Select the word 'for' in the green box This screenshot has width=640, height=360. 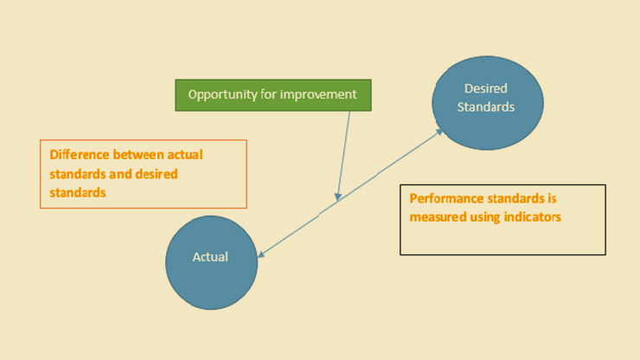pyautogui.click(x=269, y=94)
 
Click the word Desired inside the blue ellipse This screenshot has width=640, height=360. pyautogui.click(x=486, y=88)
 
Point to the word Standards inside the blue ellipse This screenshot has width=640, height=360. pyautogui.click(x=486, y=107)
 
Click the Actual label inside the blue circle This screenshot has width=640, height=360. pyautogui.click(x=210, y=257)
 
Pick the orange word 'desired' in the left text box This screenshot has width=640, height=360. pyautogui.click(x=157, y=174)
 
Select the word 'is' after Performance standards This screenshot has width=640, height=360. pyautogui.click(x=553, y=198)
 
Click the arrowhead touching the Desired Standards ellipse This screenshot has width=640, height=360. pyautogui.click(x=438, y=132)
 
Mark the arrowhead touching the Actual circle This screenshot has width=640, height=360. pyautogui.click(x=262, y=254)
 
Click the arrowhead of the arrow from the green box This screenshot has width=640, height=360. pyautogui.click(x=338, y=197)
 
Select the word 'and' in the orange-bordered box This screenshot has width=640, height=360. pyautogui.click(x=120, y=174)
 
